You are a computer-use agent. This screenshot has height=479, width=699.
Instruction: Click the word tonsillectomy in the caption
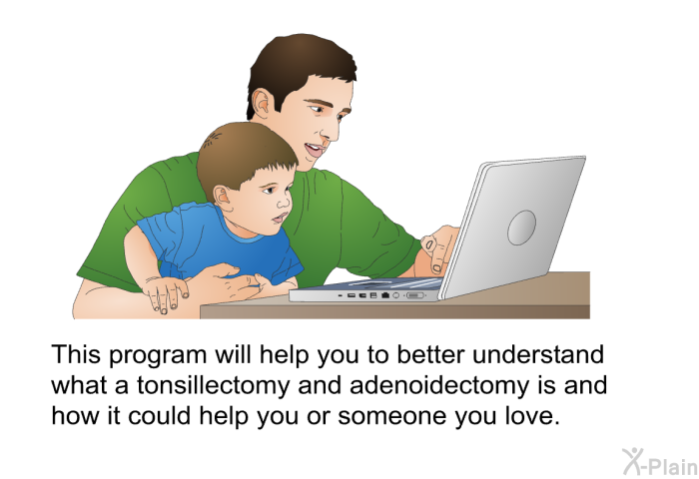(213, 386)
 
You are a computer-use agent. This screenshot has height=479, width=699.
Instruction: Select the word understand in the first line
(538, 354)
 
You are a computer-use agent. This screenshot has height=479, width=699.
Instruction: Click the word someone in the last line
(391, 416)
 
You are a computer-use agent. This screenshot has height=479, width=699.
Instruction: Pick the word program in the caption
(158, 356)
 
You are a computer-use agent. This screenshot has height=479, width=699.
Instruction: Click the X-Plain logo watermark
(659, 462)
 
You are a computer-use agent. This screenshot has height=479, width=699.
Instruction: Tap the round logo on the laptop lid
(521, 228)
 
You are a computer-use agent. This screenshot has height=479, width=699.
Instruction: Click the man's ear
(262, 105)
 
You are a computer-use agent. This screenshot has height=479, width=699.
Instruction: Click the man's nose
(331, 127)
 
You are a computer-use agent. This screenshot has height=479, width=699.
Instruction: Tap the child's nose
(284, 202)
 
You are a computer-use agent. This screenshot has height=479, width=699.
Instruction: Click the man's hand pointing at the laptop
(439, 247)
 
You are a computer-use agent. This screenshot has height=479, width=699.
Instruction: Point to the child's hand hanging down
(165, 294)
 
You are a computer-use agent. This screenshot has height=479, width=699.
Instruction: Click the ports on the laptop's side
(383, 295)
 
